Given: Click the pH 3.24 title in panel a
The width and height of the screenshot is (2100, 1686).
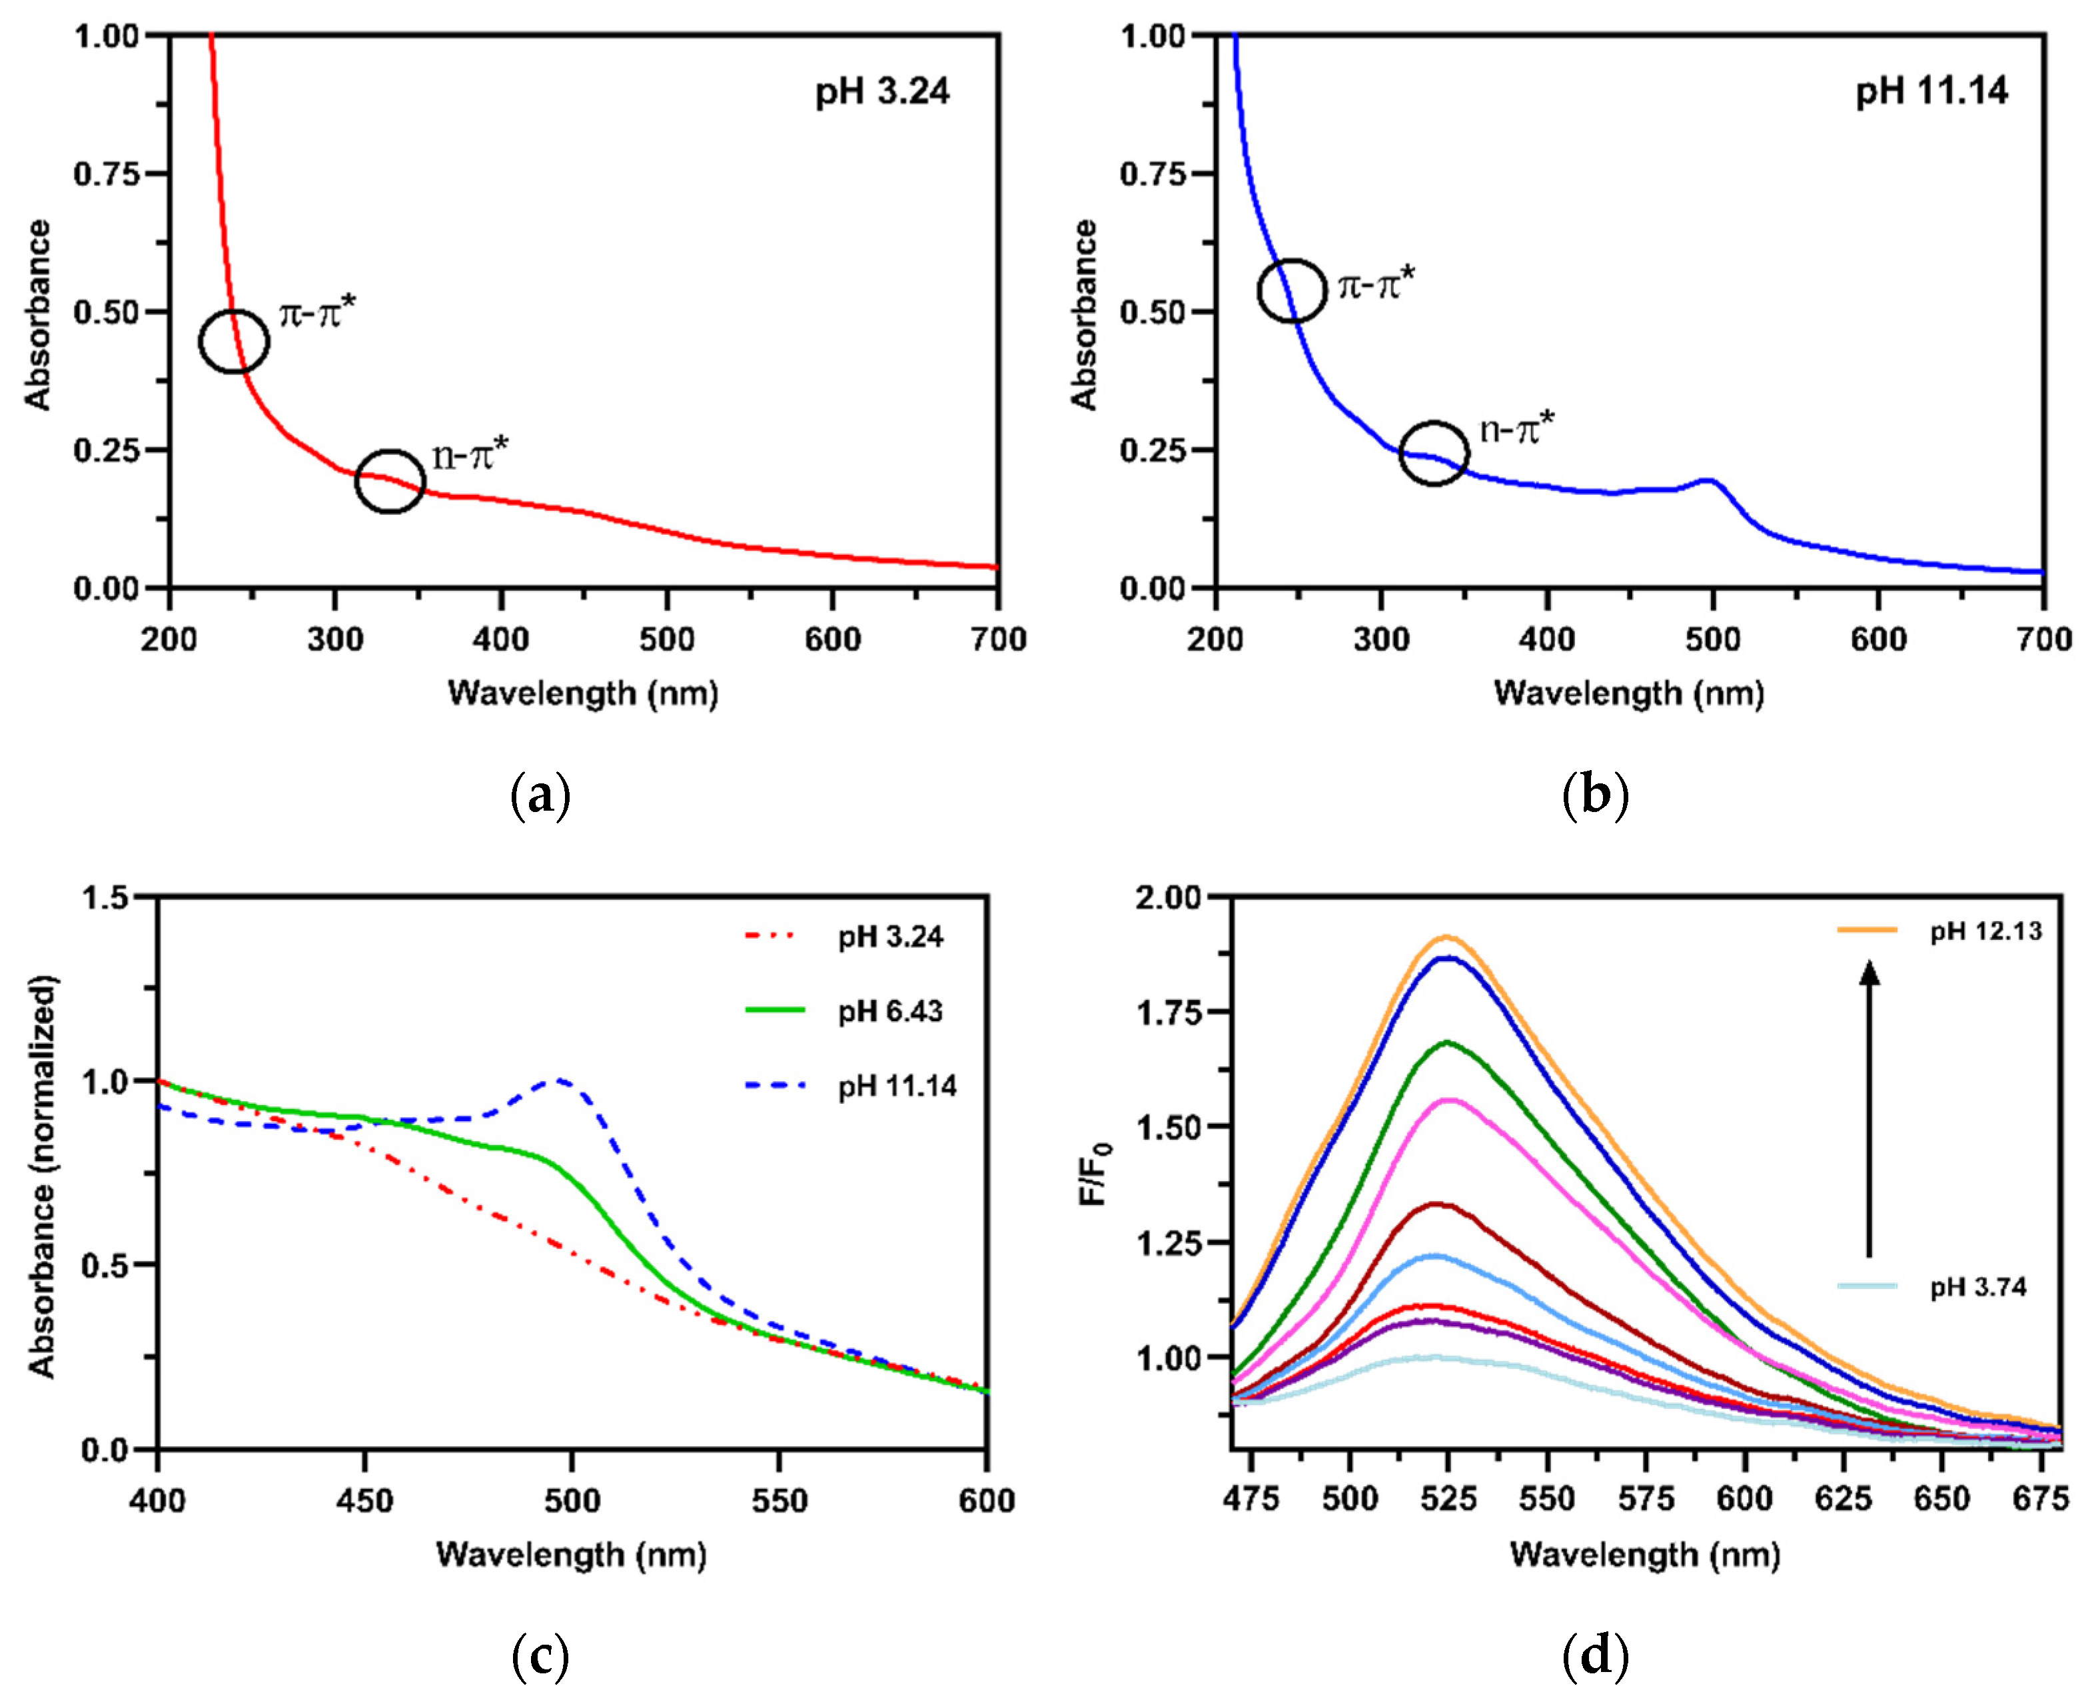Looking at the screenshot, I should [881, 91].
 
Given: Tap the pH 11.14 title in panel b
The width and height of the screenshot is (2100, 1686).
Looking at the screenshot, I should [1931, 91].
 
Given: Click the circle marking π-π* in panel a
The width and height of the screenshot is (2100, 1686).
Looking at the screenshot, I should [234, 341].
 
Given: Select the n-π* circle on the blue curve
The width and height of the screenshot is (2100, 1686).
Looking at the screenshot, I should [1433, 453].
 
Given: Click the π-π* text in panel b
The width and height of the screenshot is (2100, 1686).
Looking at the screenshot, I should [1375, 285].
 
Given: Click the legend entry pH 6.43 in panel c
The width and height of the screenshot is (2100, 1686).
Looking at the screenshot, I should [889, 1011].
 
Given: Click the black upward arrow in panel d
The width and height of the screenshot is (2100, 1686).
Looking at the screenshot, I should [1868, 1120].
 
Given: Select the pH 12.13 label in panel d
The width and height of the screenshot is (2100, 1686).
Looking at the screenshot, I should [1985, 931].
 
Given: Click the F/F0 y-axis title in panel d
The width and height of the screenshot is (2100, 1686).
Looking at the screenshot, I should [1096, 1172].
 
